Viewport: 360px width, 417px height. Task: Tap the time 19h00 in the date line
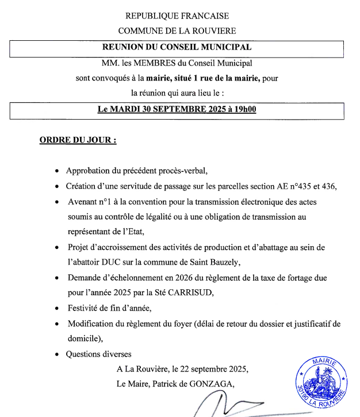(x=244, y=109)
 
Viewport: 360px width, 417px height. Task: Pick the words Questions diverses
(x=99, y=354)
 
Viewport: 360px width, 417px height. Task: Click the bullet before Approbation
(x=56, y=171)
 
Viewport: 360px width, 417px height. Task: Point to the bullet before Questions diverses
(x=56, y=354)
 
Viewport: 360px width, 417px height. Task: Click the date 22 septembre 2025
(x=215, y=369)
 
